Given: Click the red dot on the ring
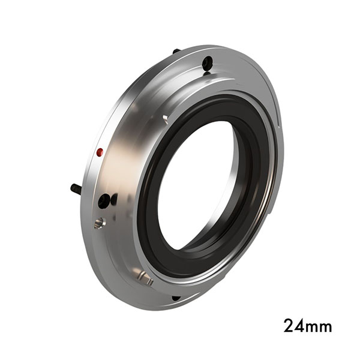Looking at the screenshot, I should [x=100, y=151].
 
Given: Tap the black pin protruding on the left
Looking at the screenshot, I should [x=76, y=188].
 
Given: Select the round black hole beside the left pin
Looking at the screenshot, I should [x=104, y=200].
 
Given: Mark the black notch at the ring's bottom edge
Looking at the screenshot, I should [x=175, y=298].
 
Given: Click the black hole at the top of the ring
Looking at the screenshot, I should [x=207, y=62].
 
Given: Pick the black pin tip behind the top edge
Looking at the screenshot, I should [x=176, y=51].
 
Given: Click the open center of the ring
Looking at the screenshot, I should [x=198, y=186].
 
